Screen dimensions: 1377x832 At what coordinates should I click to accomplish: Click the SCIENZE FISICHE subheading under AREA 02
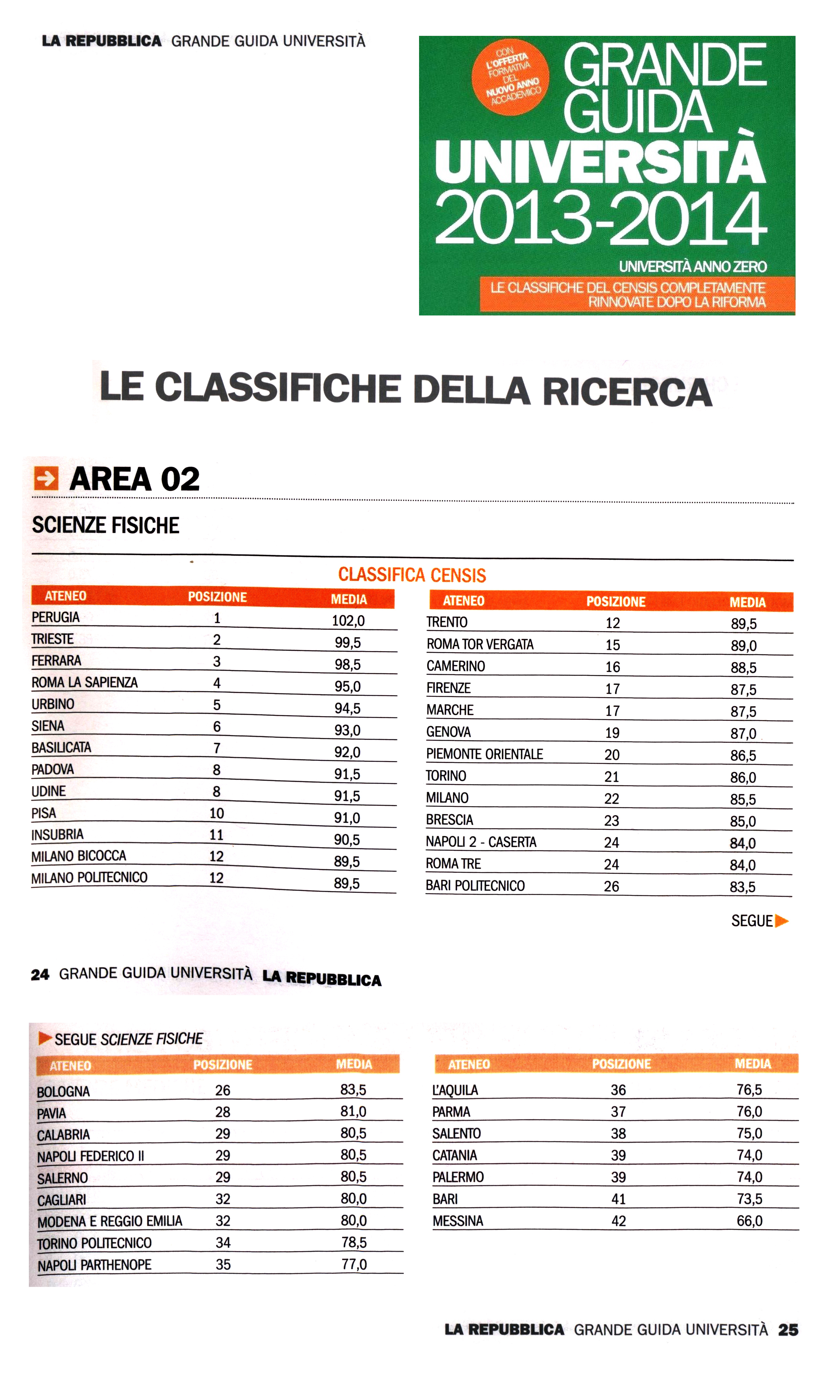[x=106, y=525]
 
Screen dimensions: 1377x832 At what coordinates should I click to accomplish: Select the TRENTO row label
[x=447, y=622]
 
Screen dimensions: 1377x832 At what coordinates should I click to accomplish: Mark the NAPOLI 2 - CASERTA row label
[x=481, y=842]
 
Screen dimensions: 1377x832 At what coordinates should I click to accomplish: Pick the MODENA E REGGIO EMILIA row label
[x=110, y=1221]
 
